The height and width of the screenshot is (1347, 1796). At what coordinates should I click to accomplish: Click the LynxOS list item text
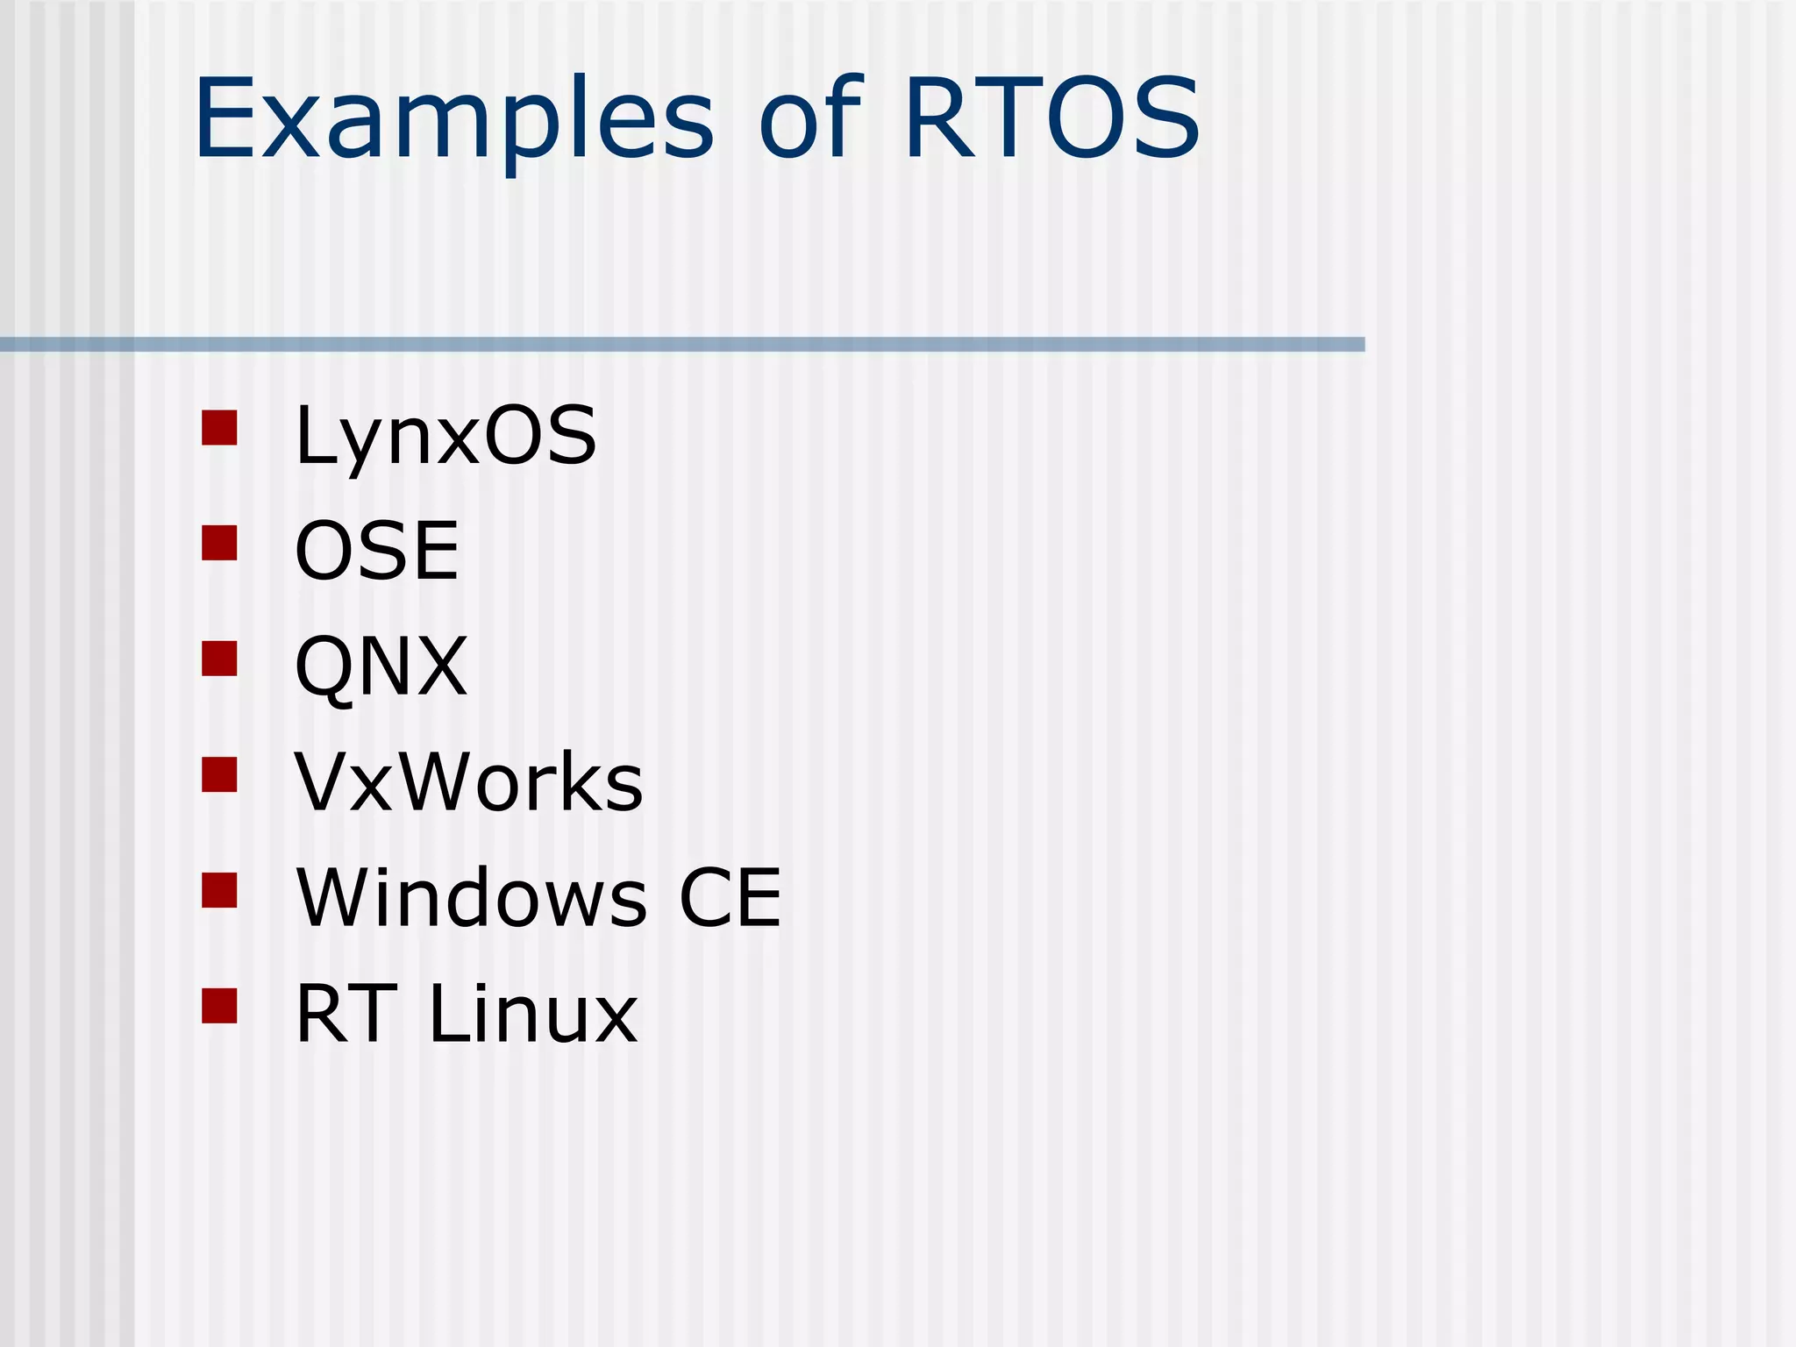pos(445,436)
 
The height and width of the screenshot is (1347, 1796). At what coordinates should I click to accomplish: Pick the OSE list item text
pos(377,551)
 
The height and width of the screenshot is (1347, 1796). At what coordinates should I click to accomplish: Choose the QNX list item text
pos(381,666)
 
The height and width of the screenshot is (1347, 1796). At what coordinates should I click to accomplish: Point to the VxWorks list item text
pos(468,781)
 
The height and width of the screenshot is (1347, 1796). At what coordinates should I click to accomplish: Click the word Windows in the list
pos(472,897)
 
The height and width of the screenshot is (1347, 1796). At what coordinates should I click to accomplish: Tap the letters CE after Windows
pos(730,897)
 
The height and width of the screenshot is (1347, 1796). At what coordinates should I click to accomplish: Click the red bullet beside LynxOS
pos(219,428)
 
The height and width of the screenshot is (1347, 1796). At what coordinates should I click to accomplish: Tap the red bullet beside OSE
pos(219,543)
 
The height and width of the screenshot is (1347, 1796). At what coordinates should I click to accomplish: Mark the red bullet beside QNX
pos(219,659)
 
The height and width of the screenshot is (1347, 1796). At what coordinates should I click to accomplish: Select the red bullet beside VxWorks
pos(219,774)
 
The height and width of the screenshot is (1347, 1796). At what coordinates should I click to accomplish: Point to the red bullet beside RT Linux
pos(219,1006)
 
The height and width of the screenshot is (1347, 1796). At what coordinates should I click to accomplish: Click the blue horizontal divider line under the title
pos(682,345)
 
